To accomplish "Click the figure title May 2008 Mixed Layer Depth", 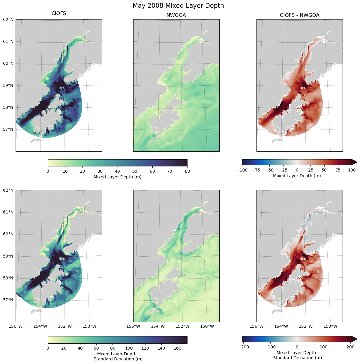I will (x=178, y=6).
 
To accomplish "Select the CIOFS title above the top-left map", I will (x=59, y=13).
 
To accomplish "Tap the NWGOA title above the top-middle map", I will (x=176, y=15).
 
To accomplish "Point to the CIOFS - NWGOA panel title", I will (x=299, y=15).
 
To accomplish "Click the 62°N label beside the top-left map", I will (x=8, y=19).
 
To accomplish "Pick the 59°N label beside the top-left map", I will (x=8, y=85).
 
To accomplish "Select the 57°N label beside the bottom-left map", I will (x=8, y=300).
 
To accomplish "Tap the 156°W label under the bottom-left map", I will (x=16, y=326).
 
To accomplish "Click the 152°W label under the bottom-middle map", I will (x=182, y=326).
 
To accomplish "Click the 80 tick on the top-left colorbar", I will (x=187, y=171).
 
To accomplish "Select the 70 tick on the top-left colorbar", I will (x=170, y=171).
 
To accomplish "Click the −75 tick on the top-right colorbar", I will (x=256, y=170).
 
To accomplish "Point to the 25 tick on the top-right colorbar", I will (x=310, y=170).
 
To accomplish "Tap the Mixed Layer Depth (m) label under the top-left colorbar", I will (x=118, y=177).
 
